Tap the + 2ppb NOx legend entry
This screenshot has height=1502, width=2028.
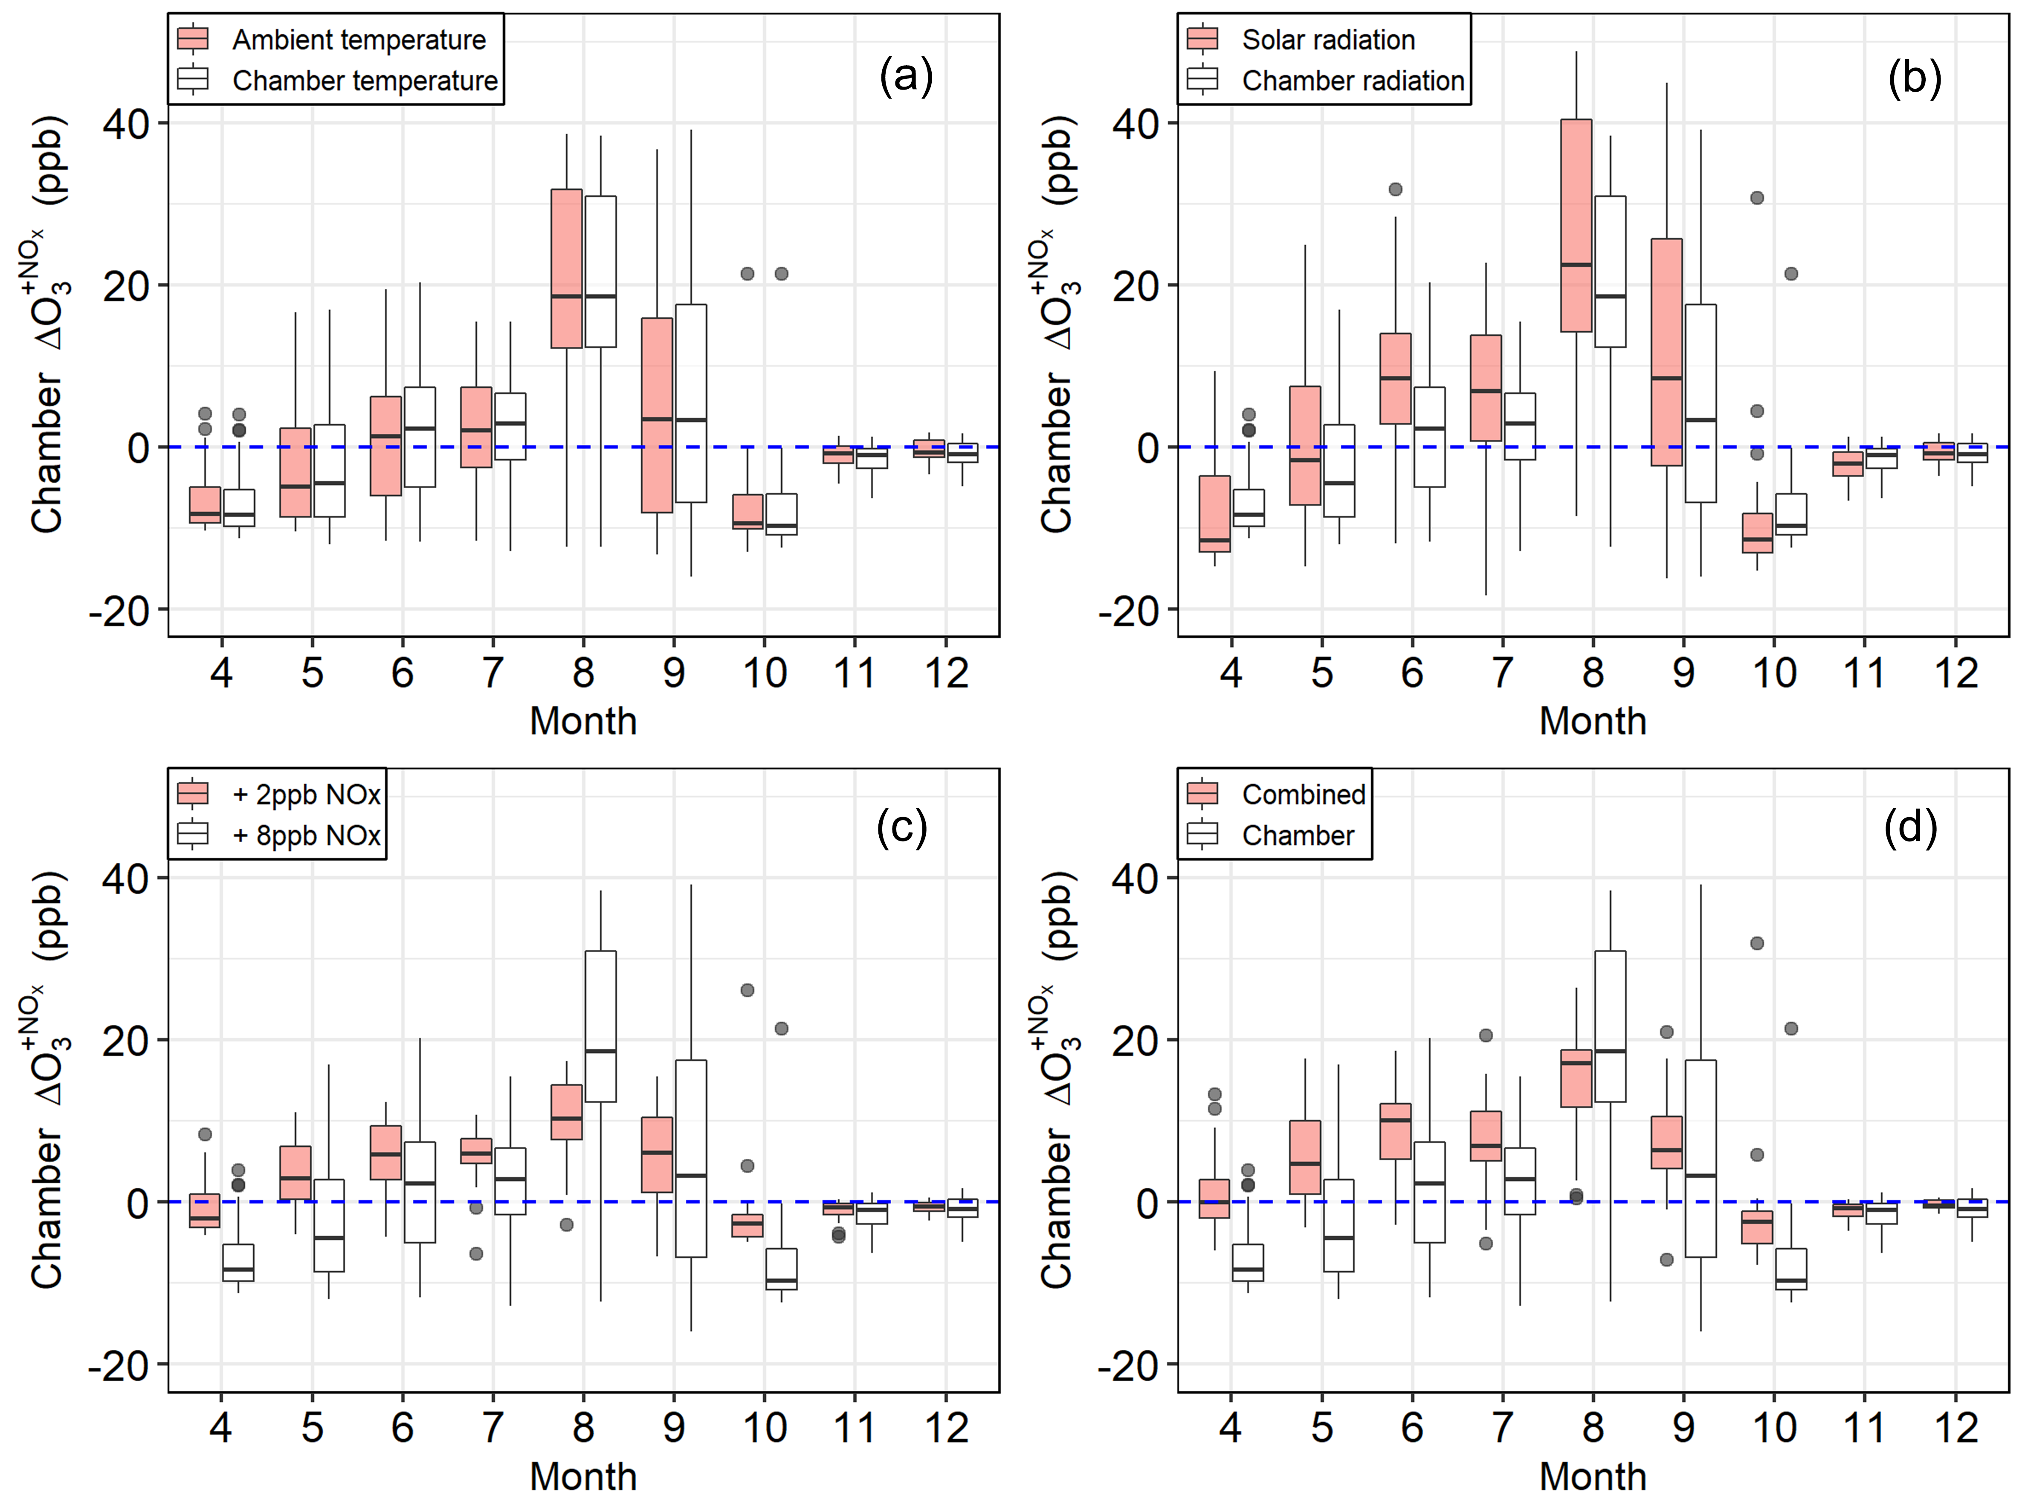pyautogui.click(x=305, y=794)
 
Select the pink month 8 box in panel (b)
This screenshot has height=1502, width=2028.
pyautogui.click(x=1576, y=226)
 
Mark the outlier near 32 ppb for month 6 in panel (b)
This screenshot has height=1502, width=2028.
pyautogui.click(x=1395, y=189)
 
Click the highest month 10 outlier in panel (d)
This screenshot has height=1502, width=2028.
pyautogui.click(x=1757, y=943)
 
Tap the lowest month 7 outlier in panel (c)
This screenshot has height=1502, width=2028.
pyautogui.click(x=475, y=1254)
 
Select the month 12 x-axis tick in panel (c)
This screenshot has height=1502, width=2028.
pyautogui.click(x=946, y=1428)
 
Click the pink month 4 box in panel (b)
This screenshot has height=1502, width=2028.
pyautogui.click(x=1214, y=514)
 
